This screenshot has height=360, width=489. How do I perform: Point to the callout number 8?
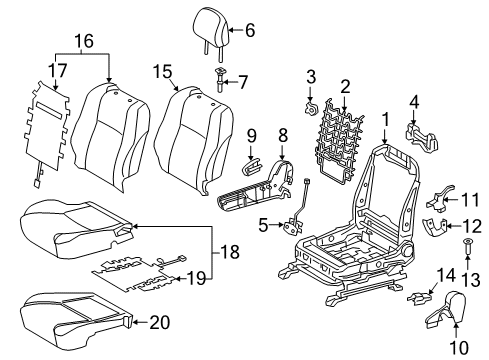[x=281, y=132]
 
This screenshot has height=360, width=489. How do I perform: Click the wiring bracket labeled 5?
[x=297, y=224]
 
